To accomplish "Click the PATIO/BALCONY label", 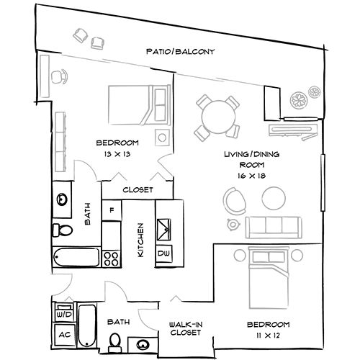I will click(x=180, y=52).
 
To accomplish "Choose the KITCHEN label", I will click(x=141, y=240).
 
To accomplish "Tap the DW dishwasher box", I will click(x=163, y=253).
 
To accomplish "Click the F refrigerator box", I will click(x=112, y=210).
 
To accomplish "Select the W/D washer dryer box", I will click(x=63, y=314).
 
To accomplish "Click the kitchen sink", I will click(x=163, y=228).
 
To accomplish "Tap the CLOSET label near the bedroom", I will click(x=137, y=191).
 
